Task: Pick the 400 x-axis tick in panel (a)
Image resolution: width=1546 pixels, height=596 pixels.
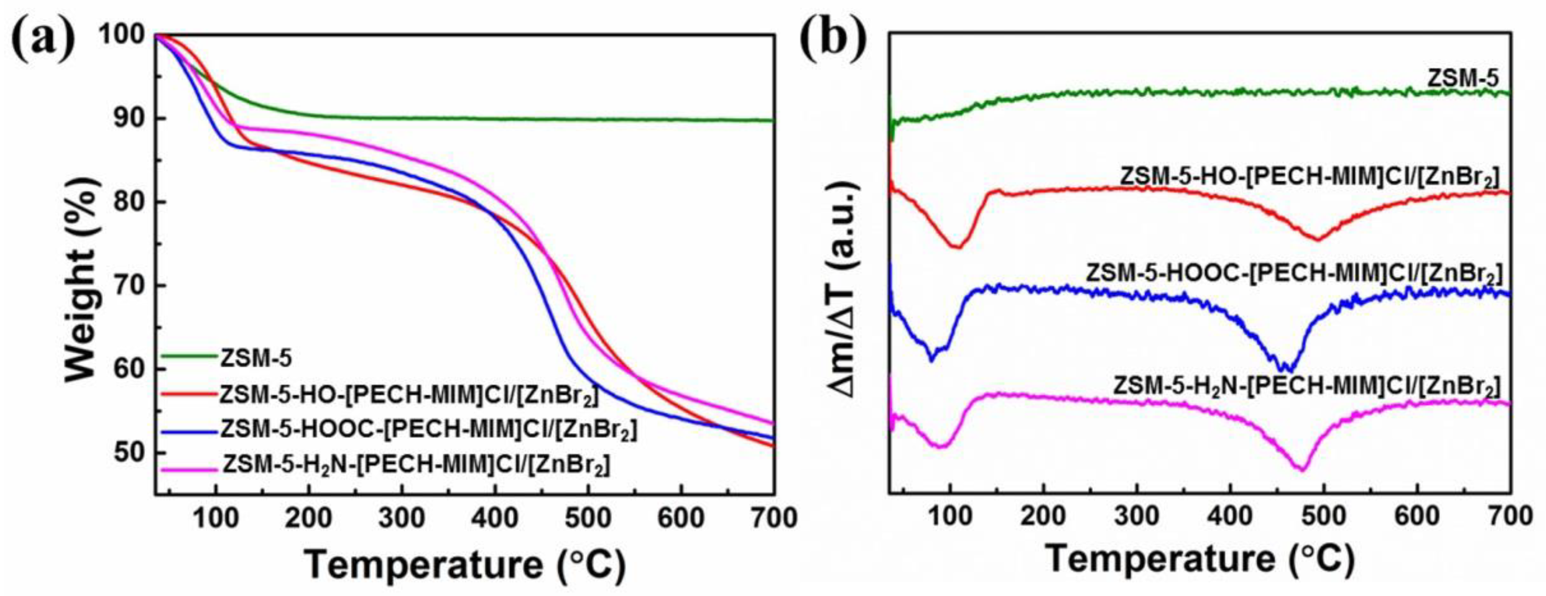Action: click(x=494, y=517)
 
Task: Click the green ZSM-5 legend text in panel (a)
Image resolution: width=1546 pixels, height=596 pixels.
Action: click(x=256, y=359)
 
